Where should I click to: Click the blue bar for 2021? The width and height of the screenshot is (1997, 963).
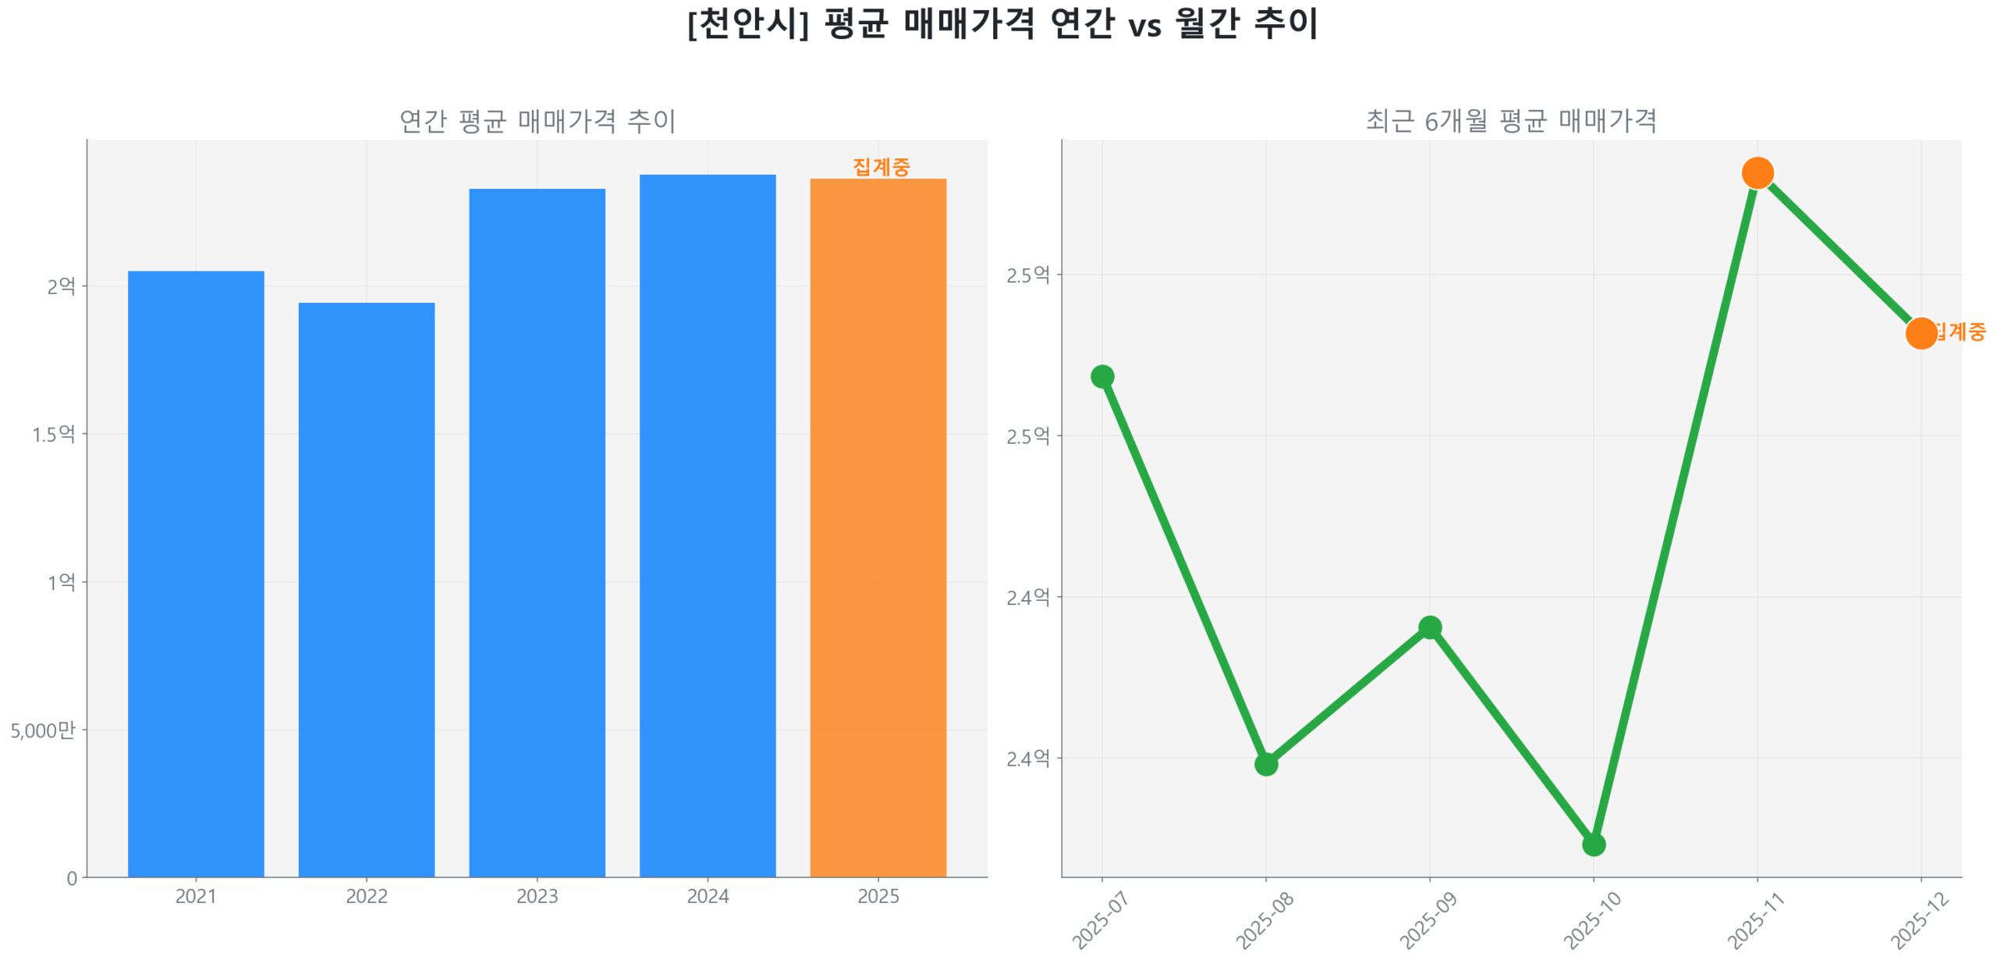pyautogui.click(x=196, y=574)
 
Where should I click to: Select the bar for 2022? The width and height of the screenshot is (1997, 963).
pyautogui.click(x=366, y=589)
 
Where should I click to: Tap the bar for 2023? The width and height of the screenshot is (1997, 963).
pyautogui.click(x=537, y=532)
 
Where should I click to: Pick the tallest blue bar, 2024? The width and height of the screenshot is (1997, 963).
pyautogui.click(x=707, y=525)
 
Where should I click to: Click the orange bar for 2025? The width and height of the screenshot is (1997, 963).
pyautogui.click(x=878, y=528)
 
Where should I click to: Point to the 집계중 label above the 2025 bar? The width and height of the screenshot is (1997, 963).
pyautogui.click(x=881, y=166)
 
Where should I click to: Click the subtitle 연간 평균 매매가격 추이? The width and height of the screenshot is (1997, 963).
pyautogui.click(x=537, y=121)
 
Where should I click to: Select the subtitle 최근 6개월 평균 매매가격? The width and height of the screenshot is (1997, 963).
pyautogui.click(x=1510, y=121)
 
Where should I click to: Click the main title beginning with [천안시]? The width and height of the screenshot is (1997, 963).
pyautogui.click(x=1002, y=23)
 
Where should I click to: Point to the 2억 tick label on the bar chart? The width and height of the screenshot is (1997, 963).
pyautogui.click(x=61, y=286)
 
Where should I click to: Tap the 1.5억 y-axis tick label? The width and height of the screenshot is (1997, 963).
pyautogui.click(x=53, y=434)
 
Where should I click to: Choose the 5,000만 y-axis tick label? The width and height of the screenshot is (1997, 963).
pyautogui.click(x=42, y=730)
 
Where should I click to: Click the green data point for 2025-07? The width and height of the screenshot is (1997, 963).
pyautogui.click(x=1101, y=377)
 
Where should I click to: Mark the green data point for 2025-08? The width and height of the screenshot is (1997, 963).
pyautogui.click(x=1265, y=764)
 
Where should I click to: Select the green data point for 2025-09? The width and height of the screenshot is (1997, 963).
pyautogui.click(x=1429, y=627)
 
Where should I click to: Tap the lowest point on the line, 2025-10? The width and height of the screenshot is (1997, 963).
pyautogui.click(x=1593, y=844)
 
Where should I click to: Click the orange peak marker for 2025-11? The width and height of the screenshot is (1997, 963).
pyautogui.click(x=1757, y=172)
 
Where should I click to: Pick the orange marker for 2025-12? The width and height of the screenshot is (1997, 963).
pyautogui.click(x=1921, y=333)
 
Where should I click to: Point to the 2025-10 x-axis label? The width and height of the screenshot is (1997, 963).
pyautogui.click(x=1592, y=921)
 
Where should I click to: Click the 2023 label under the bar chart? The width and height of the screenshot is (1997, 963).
pyautogui.click(x=537, y=896)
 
